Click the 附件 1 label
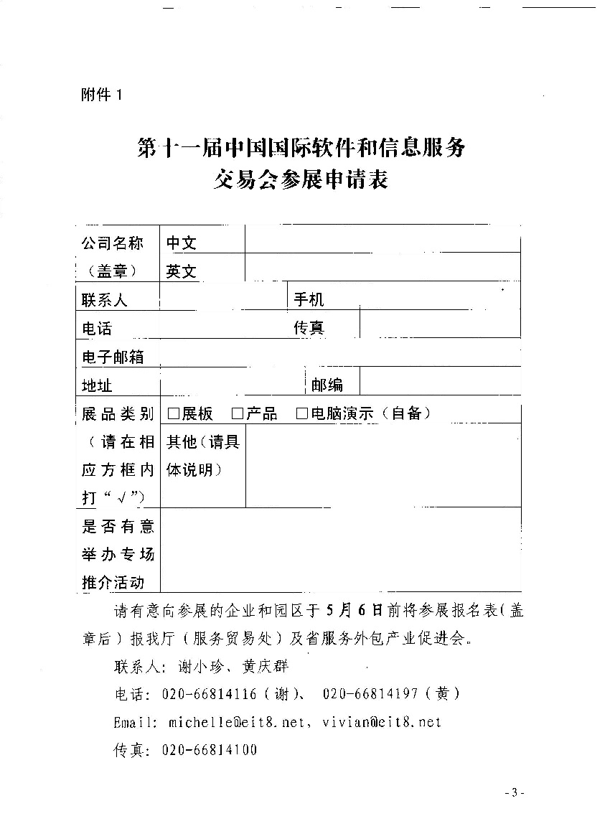coord(103,95)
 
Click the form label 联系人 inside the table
coord(105,300)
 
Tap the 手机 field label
coord(309,299)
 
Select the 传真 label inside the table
coord(309,328)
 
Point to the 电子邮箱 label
coord(113,357)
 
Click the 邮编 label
coord(327,385)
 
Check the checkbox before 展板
coord(173,413)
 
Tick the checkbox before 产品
coord(238,413)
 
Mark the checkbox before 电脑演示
coord(301,413)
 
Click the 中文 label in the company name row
coord(182,243)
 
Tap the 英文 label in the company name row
coord(182,272)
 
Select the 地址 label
coord(98,385)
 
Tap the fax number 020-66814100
coord(210,750)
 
